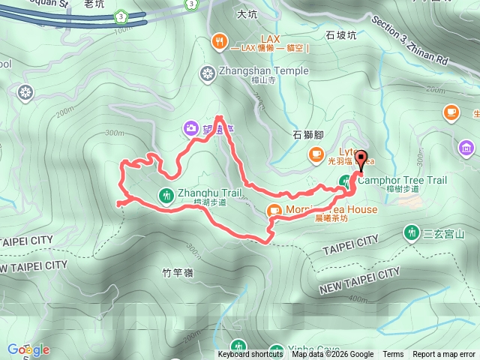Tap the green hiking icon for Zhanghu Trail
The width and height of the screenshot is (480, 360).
pos(166,195)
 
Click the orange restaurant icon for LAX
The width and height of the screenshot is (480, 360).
pos(220,40)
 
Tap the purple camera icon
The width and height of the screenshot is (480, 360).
pos(192,128)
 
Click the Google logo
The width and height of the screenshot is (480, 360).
pos(28,349)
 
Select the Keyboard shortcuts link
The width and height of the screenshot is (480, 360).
pos(250,355)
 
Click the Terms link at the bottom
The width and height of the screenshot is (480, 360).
pos(393,355)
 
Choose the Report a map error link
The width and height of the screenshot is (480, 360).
pos(444,355)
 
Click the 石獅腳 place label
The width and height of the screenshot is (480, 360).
pos(307,135)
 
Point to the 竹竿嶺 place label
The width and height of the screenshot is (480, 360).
pos(178,272)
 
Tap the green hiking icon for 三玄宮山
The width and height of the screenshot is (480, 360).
pos(411,233)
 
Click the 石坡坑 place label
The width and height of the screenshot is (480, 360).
pos(340,34)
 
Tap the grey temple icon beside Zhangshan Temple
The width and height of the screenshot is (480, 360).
pos(208,73)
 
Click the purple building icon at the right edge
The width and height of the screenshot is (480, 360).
pos(469,148)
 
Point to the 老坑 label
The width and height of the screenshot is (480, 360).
pos(94,4)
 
